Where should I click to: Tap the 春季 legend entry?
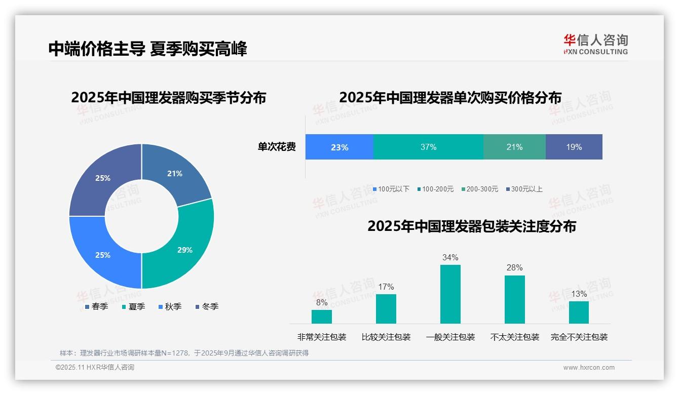tap(96, 306)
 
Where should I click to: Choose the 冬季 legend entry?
tap(207, 306)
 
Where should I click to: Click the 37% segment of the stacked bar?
tap(428, 147)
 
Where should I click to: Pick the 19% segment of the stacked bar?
tap(574, 147)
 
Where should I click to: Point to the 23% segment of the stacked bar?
tap(339, 147)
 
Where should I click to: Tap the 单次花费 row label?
tap(277, 147)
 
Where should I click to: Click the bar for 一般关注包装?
tap(450, 294)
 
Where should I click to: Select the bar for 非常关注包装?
tap(321, 317)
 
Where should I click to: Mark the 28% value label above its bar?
tap(514, 267)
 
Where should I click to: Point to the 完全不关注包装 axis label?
tap(579, 337)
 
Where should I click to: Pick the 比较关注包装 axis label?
tap(386, 337)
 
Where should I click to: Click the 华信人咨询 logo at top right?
tap(595, 44)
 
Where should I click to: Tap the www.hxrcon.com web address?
tap(588, 367)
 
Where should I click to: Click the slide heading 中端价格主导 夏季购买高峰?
tap(147, 49)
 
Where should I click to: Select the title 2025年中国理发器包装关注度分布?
tap(471, 226)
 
